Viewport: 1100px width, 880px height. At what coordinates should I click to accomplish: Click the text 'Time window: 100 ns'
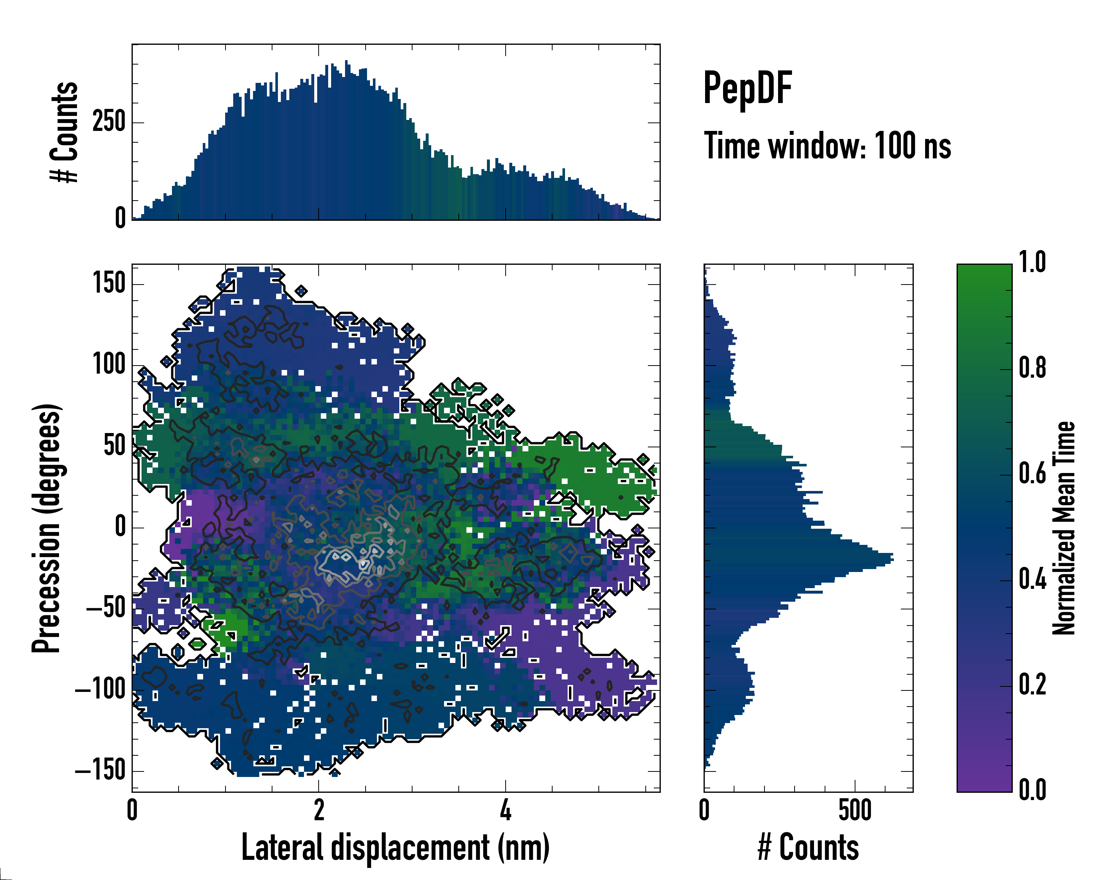(x=827, y=146)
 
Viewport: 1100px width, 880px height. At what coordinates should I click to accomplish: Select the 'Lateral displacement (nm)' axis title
(x=395, y=847)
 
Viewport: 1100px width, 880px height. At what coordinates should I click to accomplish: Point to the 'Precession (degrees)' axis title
(x=47, y=528)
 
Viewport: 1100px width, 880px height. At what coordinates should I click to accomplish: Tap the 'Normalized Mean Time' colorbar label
(x=1064, y=528)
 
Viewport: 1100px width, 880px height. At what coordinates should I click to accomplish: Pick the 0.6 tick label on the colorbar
(x=1032, y=474)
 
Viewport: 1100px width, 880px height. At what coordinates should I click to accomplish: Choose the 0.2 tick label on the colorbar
(x=1032, y=685)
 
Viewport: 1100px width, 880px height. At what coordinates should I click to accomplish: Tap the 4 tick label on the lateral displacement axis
(x=505, y=810)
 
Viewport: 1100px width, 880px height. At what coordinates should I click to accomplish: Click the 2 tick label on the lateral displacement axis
(x=319, y=810)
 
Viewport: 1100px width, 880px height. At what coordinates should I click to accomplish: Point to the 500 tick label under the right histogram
(x=855, y=810)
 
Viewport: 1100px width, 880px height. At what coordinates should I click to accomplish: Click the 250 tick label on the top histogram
(x=109, y=122)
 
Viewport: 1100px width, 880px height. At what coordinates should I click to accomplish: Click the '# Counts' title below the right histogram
(x=808, y=847)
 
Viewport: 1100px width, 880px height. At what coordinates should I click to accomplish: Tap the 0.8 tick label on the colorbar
(x=1032, y=368)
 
